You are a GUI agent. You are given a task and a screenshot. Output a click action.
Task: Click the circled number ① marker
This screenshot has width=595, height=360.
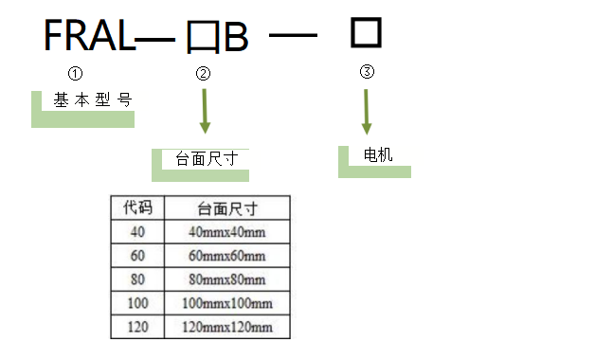click(x=76, y=73)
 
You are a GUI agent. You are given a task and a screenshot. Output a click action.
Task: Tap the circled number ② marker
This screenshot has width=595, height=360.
click(x=203, y=73)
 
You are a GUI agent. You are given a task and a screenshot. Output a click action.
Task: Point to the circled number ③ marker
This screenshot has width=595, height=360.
click(x=368, y=72)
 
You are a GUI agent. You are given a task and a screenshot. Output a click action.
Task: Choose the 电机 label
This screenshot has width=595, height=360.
click(x=377, y=154)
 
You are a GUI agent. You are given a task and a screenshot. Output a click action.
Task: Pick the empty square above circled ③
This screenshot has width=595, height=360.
click(x=366, y=32)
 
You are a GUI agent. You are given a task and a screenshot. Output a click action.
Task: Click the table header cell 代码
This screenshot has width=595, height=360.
click(x=138, y=208)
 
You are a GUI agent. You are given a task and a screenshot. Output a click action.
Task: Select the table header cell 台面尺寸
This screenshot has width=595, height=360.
click(x=227, y=208)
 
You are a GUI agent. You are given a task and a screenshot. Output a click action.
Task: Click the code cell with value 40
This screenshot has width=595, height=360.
click(x=138, y=232)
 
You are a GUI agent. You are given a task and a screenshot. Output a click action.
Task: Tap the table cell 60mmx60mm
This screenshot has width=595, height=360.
click(x=227, y=256)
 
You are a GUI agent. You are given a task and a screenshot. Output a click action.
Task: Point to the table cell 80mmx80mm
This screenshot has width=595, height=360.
click(x=227, y=279)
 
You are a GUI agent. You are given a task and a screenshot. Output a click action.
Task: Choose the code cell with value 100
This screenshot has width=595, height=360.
click(x=138, y=303)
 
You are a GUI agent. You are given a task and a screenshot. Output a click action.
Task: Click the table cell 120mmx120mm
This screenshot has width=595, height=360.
click(x=227, y=327)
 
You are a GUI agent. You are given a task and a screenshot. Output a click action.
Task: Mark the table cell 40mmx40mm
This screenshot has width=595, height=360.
click(x=227, y=232)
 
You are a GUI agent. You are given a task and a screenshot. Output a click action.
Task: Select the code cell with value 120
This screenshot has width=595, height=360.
click(x=138, y=327)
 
